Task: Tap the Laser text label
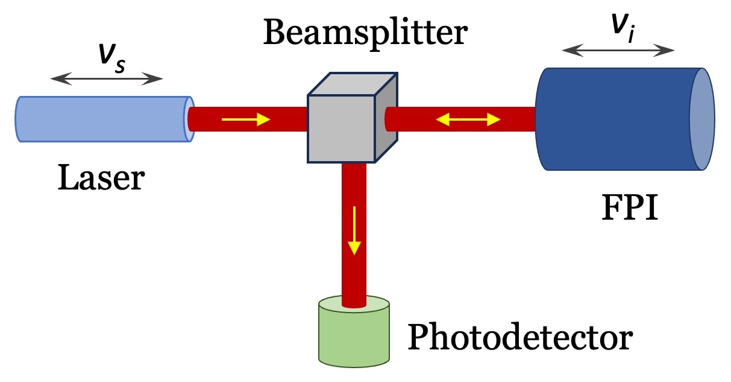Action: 101,179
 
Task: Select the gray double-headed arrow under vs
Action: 107,78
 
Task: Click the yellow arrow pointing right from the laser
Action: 246,120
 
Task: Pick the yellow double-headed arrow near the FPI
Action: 468,120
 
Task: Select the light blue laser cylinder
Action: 102,119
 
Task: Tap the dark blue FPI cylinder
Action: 615,119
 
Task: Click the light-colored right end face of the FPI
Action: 702,119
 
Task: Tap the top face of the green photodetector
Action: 354,305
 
